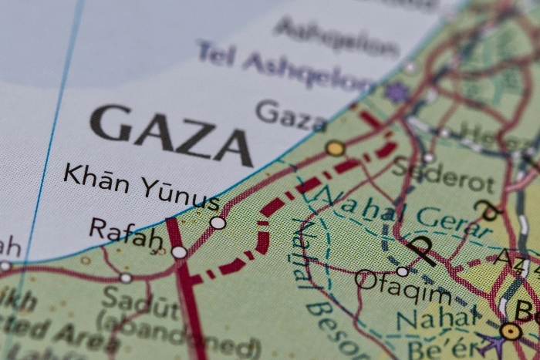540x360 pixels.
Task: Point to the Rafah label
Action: coord(126,232)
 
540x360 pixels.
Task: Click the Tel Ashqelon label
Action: coord(285,66)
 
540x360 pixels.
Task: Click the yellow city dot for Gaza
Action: coord(335,148)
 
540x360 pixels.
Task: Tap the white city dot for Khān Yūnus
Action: coord(218,223)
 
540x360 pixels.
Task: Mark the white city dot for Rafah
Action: coord(179,252)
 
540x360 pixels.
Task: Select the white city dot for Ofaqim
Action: coord(402,271)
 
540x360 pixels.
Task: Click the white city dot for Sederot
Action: coord(429,157)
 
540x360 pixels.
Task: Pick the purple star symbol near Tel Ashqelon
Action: coord(397,93)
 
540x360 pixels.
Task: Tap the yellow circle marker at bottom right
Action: coord(510,331)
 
